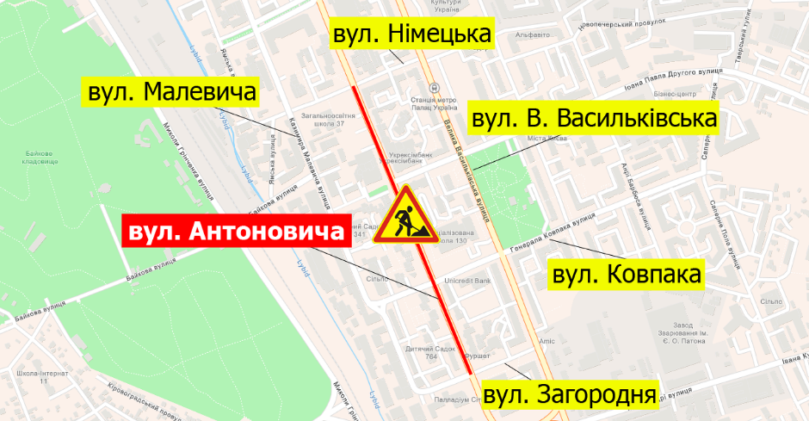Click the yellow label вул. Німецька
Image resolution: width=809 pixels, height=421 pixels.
pyautogui.click(x=412, y=34)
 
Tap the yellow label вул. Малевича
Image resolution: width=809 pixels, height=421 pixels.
pyautogui.click(x=170, y=91)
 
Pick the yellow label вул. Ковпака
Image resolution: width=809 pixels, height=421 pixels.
pyautogui.click(x=626, y=275)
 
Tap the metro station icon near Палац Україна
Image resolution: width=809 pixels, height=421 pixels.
pyautogui.click(x=436, y=88)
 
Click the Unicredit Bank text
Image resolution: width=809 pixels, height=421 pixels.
pyautogui.click(x=466, y=281)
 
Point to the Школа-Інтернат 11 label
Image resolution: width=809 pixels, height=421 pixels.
pyautogui.click(x=34, y=376)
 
